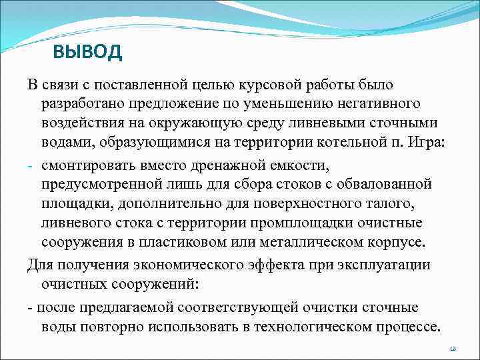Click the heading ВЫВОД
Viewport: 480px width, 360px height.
87,53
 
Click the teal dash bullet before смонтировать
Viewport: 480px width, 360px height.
31,165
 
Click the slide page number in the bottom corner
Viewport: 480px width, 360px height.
452,349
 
